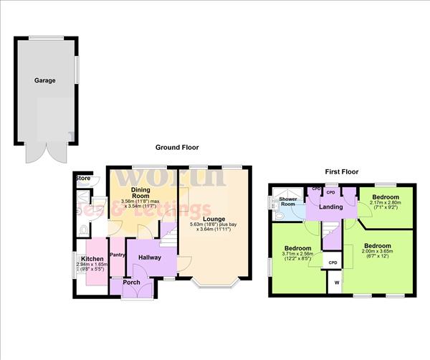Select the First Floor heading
click(340, 172)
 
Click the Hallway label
click(150, 257)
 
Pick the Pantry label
click(118, 254)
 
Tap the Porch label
click(131, 282)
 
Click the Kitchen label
click(92, 258)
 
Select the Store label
click(83, 178)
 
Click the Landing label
click(330, 208)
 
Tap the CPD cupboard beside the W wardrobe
click(333, 263)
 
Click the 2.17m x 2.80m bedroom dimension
click(385, 205)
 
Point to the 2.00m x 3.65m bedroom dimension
click(378, 250)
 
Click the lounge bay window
click(214, 285)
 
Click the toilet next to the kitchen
click(83, 229)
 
